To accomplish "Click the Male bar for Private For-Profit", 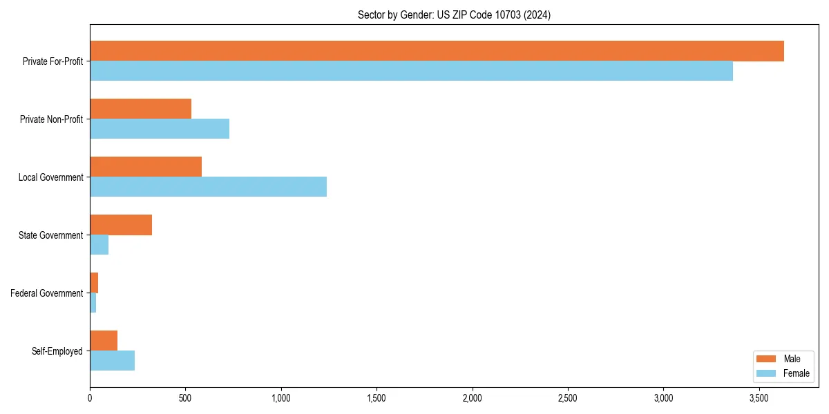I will (x=437, y=51).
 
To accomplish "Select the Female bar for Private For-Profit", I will (x=411, y=71).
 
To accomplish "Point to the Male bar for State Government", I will (x=121, y=225).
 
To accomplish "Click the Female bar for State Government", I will (x=99, y=245).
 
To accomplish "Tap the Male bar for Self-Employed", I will (x=104, y=341).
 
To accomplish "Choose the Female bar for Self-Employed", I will (x=113, y=361).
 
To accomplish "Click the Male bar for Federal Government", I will (x=94, y=283).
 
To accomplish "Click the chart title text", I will (x=454, y=14).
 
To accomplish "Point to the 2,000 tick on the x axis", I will (x=472, y=398).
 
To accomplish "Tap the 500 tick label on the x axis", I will (x=185, y=398).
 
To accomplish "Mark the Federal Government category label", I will (x=46, y=293).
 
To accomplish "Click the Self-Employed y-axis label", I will (x=57, y=351).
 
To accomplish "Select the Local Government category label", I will (x=50, y=177).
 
